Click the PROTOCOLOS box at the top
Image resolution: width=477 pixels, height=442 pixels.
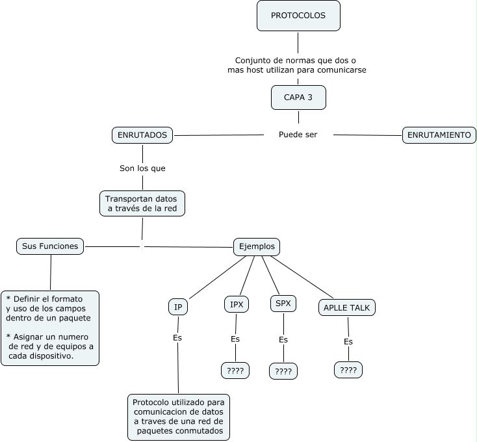click(x=298, y=16)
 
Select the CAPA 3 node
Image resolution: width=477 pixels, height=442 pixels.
click(x=298, y=97)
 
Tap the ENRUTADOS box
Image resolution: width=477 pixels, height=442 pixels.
click(x=142, y=135)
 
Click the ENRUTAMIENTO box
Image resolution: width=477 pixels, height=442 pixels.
click(x=439, y=135)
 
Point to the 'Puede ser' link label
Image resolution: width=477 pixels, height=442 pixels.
click(x=298, y=135)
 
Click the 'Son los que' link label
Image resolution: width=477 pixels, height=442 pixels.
click(x=142, y=168)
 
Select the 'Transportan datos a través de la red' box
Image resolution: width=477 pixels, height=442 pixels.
click(x=142, y=203)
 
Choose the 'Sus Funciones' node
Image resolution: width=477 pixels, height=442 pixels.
click(x=50, y=246)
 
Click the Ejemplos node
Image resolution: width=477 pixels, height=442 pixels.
click(x=257, y=246)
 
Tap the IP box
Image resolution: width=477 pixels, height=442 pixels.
click(x=177, y=306)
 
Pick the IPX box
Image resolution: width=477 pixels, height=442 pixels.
click(x=235, y=304)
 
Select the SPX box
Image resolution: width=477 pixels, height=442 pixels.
click(x=283, y=303)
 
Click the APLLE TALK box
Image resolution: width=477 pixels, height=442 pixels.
click(x=347, y=307)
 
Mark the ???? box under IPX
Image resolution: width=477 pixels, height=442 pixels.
click(x=232, y=370)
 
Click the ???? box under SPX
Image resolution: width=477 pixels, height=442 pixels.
click(x=283, y=371)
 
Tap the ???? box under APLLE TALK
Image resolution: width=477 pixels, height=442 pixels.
click(x=348, y=370)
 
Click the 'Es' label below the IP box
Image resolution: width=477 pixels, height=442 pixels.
click(x=177, y=338)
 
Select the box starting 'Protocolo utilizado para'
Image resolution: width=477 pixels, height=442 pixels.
click(x=178, y=416)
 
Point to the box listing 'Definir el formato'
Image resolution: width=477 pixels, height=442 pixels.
click(x=50, y=328)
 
